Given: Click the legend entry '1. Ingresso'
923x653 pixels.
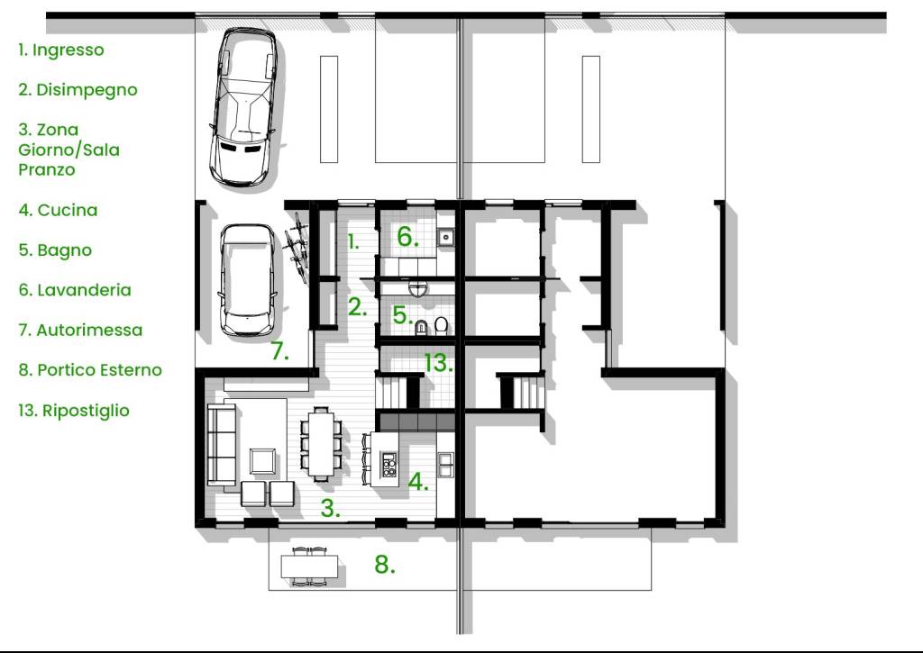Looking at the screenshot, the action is coord(61,50).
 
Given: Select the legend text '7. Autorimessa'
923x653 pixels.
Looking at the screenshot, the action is coord(80,330).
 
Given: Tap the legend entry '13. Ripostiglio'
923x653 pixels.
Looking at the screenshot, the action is coord(74,411).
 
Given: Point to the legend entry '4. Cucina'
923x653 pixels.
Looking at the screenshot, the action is coord(58,210).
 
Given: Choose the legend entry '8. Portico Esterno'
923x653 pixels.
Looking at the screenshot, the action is coord(90,370).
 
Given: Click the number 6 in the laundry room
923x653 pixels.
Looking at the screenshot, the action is coord(407,237).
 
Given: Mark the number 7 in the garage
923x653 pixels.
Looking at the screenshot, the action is coord(279,350).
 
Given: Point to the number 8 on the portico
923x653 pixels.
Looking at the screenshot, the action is coord(384,564).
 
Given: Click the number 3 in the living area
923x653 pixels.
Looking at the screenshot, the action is coord(330,508).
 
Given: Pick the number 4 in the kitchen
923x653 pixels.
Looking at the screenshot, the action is coord(418,482).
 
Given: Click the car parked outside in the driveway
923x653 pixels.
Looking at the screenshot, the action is coord(243,107).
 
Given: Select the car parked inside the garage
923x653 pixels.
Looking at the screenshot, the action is coord(247,280).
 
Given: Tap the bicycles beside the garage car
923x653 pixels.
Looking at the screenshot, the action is coord(297,248).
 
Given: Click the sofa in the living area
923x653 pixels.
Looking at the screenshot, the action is coord(222,445).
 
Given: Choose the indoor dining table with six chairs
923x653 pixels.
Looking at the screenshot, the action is coord(321,444).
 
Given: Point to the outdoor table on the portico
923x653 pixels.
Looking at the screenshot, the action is coord(310,567).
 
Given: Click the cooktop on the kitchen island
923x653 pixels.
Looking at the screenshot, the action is coord(388,464).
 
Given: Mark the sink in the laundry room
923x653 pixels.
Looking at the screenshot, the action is coord(445,237).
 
